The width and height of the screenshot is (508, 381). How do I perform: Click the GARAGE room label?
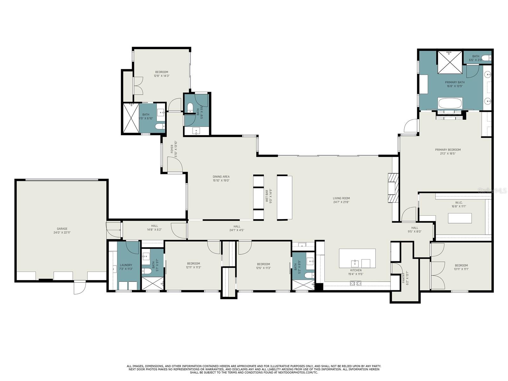coord(62,229)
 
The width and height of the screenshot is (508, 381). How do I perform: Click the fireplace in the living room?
coord(393,192)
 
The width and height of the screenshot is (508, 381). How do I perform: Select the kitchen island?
coord(357,258)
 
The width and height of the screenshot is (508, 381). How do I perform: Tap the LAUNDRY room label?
coord(126,265)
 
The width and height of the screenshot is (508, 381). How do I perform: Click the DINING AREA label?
coord(221,177)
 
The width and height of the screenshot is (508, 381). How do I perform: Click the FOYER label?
coord(172,149)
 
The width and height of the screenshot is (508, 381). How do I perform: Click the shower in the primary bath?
coord(450,62)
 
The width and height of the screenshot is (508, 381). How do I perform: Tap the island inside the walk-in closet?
coord(459,218)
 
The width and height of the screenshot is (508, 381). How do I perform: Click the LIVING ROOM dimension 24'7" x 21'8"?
coord(342,202)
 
